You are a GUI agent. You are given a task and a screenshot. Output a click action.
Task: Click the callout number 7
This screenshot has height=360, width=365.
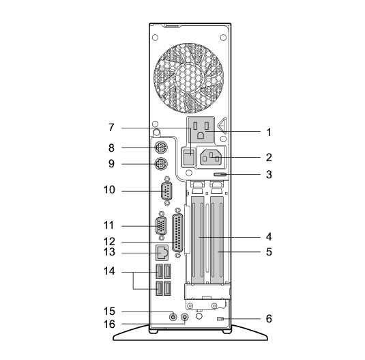(x=111, y=128)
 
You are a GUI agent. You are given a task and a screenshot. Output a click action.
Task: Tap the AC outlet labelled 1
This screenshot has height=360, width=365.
(x=201, y=130)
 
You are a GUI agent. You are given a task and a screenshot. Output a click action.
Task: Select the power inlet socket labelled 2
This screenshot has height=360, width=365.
(x=211, y=156)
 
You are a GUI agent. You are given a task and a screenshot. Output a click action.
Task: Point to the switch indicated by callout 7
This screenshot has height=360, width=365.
(x=188, y=157)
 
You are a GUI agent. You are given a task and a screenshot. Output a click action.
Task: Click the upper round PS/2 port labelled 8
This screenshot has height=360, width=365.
(x=161, y=148)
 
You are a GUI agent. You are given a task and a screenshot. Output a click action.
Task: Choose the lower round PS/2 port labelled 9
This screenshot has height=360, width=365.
(x=161, y=164)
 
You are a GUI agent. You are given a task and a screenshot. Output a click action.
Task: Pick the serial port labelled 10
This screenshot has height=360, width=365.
(x=166, y=191)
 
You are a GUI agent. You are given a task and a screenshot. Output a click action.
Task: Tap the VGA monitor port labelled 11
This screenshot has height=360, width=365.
(x=161, y=226)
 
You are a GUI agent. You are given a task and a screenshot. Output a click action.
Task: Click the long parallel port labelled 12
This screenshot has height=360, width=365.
(x=177, y=234)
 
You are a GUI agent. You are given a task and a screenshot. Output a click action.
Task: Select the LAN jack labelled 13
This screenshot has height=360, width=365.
(x=162, y=253)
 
